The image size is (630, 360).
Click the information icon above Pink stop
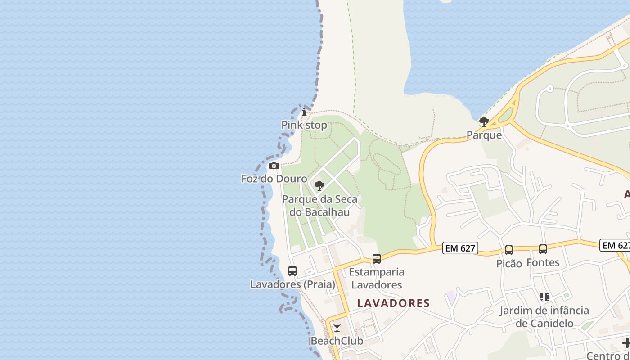(x=304, y=112)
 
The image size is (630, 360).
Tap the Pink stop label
(x=304, y=125)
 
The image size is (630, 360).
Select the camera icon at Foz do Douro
(x=274, y=166)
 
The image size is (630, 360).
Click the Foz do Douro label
(x=274, y=179)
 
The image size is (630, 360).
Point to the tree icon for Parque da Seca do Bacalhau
(x=319, y=186)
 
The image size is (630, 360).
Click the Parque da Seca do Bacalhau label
(x=319, y=205)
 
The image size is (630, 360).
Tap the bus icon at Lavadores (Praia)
(x=292, y=271)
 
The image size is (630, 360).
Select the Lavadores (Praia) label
(x=292, y=284)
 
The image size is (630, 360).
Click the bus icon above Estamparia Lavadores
(x=377, y=259)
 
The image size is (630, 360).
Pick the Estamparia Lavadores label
(x=377, y=278)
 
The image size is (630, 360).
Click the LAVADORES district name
(x=394, y=303)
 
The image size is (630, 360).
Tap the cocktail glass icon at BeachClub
(x=337, y=328)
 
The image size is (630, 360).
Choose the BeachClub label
(x=337, y=341)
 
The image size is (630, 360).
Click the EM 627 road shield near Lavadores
(x=460, y=248)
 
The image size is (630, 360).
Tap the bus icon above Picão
(x=509, y=250)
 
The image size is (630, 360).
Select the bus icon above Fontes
(x=543, y=249)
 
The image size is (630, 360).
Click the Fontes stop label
(x=543, y=262)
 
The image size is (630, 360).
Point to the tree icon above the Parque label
(x=484, y=122)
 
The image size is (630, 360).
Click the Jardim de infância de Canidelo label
(x=544, y=317)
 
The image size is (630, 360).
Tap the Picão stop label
(x=509, y=264)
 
